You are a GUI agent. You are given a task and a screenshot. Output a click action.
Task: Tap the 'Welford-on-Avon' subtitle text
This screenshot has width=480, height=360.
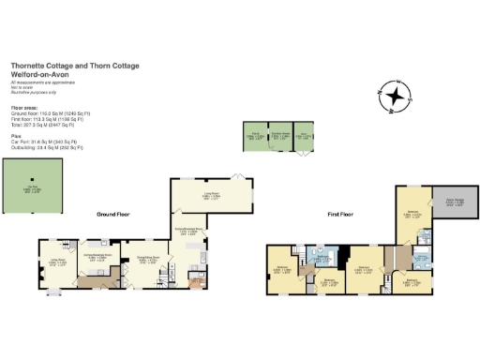click(x=41, y=73)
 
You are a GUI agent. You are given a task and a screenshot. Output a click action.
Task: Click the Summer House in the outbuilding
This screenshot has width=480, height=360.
click(x=280, y=136)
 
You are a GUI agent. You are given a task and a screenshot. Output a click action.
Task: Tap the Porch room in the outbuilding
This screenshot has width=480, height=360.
click(x=254, y=136)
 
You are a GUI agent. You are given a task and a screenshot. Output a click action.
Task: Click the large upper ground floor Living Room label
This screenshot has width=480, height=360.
click(x=211, y=197)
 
